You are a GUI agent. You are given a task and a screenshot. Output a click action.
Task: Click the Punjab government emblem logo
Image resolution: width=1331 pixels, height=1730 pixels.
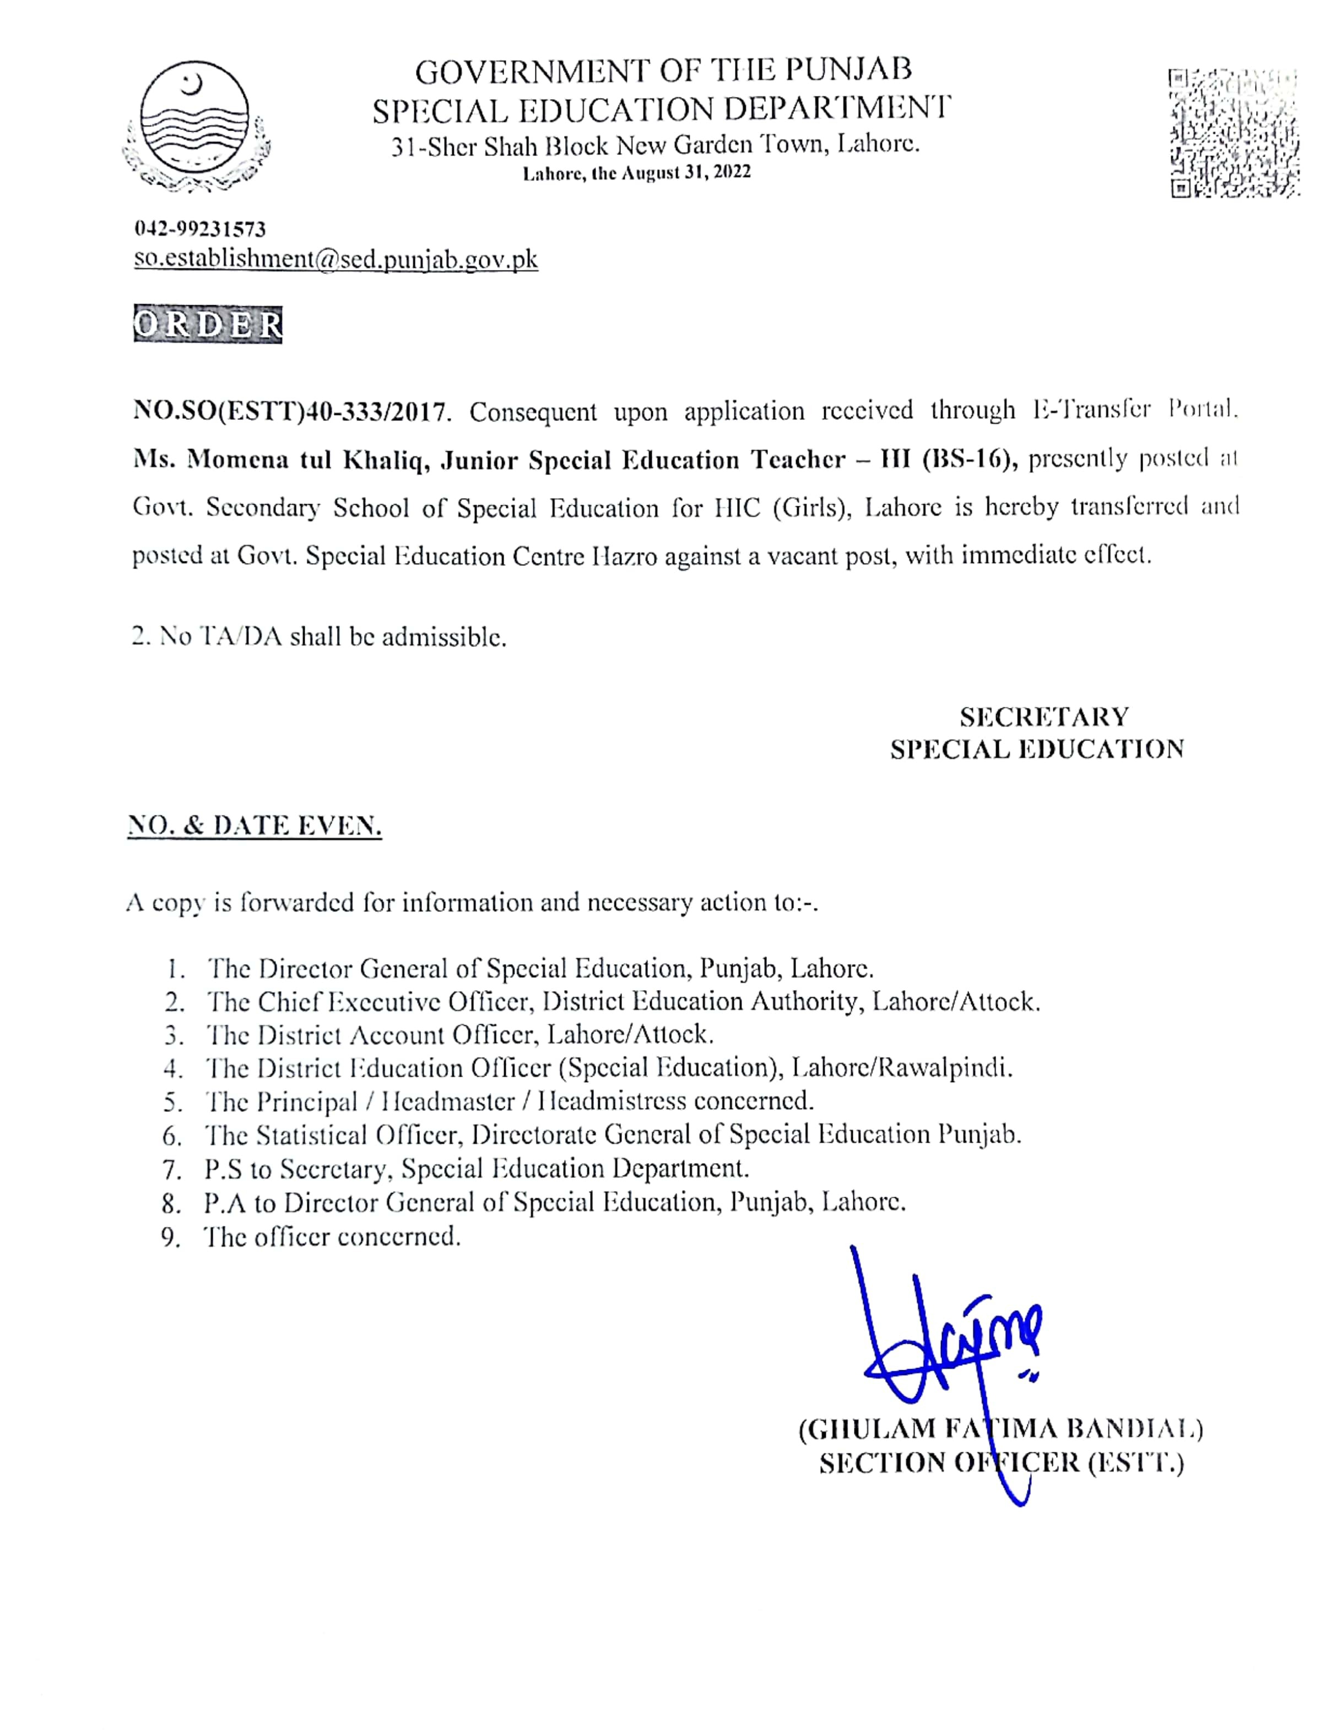[196, 126]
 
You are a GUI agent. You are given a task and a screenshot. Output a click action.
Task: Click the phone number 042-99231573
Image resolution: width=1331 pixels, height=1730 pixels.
[199, 229]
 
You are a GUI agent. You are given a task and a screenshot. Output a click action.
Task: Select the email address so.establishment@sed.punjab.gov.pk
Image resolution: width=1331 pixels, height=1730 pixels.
[336, 259]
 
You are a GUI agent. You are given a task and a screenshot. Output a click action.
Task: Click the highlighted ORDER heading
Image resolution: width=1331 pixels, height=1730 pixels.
[208, 325]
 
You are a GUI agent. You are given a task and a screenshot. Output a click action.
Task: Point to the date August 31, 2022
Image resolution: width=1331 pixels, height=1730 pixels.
[686, 172]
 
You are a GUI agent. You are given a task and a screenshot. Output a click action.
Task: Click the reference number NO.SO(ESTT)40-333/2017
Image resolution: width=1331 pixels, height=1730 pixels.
[291, 411]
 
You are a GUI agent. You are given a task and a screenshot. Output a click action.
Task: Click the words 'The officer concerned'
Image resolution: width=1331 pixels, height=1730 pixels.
[332, 1236]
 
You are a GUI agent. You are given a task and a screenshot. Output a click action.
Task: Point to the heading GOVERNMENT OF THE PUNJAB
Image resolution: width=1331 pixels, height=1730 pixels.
[663, 71]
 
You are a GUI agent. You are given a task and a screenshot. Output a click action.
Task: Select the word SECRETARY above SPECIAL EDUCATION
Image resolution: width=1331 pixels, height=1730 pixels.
[1044, 717]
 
